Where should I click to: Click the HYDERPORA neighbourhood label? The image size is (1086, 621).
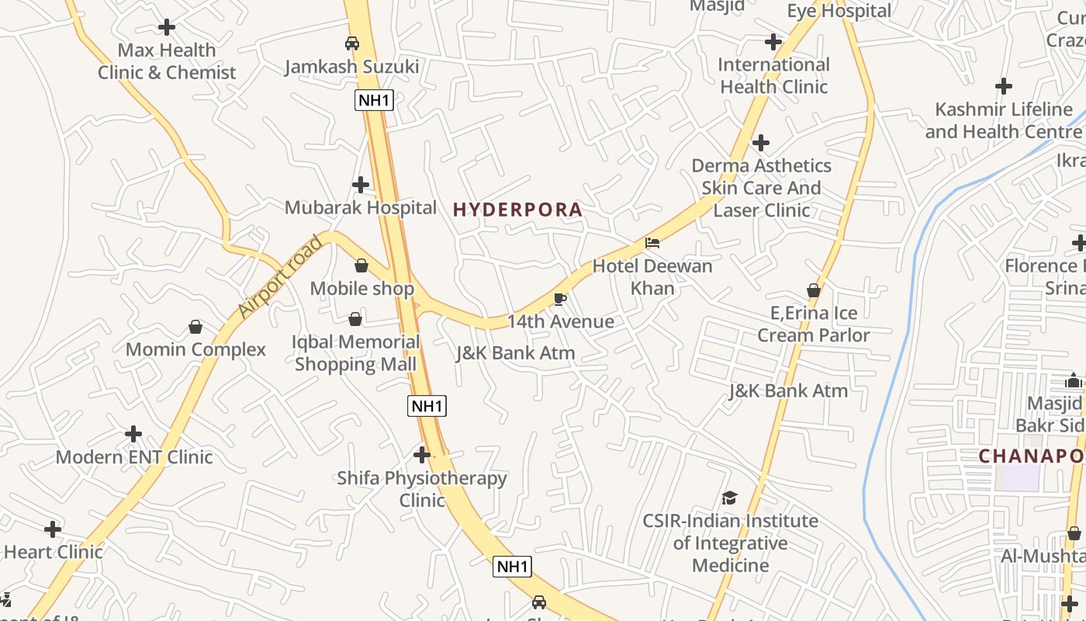pyautogui.click(x=517, y=210)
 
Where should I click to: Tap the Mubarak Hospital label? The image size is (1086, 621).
pyautogui.click(x=361, y=207)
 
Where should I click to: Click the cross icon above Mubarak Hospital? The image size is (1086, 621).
pyautogui.click(x=361, y=185)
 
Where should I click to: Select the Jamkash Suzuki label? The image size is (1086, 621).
pyautogui.click(x=351, y=67)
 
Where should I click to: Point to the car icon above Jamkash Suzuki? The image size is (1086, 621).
pyautogui.click(x=352, y=43)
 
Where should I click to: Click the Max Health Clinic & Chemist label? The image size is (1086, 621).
pyautogui.click(x=167, y=61)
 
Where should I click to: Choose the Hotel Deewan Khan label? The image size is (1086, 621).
pyautogui.click(x=652, y=277)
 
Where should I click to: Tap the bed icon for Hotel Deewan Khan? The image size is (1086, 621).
pyautogui.click(x=652, y=243)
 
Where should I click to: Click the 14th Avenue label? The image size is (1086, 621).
pyautogui.click(x=561, y=321)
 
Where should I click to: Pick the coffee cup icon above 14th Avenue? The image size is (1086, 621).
pyautogui.click(x=560, y=299)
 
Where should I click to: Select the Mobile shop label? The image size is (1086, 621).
pyautogui.click(x=362, y=289)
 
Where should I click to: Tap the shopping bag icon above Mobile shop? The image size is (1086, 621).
pyautogui.click(x=361, y=265)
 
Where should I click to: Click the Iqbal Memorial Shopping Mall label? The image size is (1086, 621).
pyautogui.click(x=356, y=353)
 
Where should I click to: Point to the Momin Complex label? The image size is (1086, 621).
pyautogui.click(x=195, y=349)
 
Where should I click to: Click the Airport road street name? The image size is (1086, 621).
pyautogui.click(x=280, y=276)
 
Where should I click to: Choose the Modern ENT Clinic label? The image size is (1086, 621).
pyautogui.click(x=134, y=456)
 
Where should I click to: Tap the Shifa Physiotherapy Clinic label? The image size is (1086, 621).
pyautogui.click(x=422, y=489)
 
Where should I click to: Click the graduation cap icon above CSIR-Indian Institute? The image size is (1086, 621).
pyautogui.click(x=729, y=498)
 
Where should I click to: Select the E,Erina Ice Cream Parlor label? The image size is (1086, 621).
pyautogui.click(x=814, y=324)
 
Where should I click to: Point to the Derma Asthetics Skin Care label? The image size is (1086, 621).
pyautogui.click(x=761, y=188)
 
